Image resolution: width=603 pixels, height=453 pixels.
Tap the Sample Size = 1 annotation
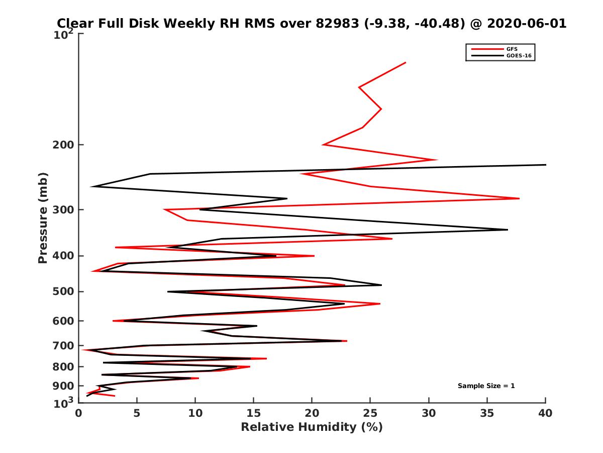click(486, 386)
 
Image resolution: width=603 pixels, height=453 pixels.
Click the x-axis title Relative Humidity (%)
click(312, 427)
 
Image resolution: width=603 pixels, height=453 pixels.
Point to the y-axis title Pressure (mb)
click(43, 218)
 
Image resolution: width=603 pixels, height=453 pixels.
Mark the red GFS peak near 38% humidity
click(519, 198)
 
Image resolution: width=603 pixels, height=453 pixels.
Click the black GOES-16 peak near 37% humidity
click(508, 230)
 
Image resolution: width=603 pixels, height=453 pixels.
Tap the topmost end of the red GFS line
click(406, 63)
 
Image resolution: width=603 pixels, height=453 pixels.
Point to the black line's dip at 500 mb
click(168, 291)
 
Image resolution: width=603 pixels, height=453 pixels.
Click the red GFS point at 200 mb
click(323, 145)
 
